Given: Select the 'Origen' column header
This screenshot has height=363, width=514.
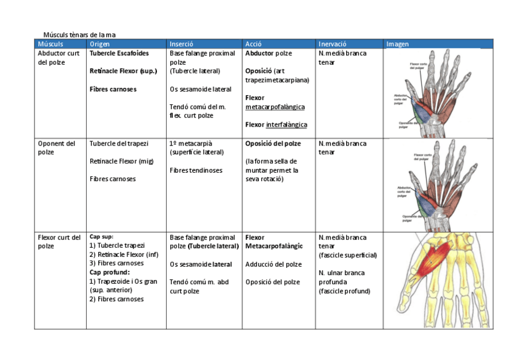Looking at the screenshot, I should point(100,44).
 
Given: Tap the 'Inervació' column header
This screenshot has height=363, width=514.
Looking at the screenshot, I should point(333,44).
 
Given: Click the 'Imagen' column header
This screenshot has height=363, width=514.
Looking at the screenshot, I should point(398,44).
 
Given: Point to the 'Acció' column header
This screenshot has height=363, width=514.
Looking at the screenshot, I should point(253,44).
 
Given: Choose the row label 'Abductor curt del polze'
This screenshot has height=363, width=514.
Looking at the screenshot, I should point(59,58).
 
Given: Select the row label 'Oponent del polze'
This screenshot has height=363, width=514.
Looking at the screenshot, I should point(56,148).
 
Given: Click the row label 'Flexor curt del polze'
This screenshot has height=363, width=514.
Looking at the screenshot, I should point(59,242).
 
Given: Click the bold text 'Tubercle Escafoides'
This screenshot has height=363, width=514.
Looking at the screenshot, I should point(119,53).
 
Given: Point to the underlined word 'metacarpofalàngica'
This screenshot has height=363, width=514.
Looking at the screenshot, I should point(275,107).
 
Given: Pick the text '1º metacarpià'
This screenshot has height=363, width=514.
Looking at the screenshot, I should point(192,144).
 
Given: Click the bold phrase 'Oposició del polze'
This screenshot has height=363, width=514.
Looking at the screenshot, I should point(273,144).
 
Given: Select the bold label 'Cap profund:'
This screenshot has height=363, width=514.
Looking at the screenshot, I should point(110,272).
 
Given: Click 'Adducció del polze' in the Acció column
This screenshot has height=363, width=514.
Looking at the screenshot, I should point(273,264).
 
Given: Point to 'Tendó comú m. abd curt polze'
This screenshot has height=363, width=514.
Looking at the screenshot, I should point(199,287).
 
